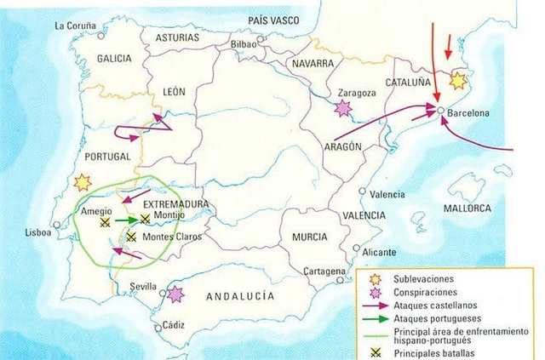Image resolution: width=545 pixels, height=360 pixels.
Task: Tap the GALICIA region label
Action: coord(114,58)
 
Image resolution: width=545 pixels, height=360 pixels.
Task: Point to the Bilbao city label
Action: coord(242,43)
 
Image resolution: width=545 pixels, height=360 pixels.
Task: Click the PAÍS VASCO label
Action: coord(276,19)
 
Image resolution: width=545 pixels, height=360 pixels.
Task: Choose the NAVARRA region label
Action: coord(311,64)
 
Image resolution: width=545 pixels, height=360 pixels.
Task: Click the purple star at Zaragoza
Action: coord(343,108)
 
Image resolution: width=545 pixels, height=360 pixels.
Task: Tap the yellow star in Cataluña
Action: coord(458,81)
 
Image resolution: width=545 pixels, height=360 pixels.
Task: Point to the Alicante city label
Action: coord(379,252)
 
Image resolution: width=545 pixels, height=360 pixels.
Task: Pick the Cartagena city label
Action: coord(324,271)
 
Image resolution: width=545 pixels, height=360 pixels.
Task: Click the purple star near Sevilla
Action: coord(175,294)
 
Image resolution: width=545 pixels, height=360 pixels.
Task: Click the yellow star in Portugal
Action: coord(82,181)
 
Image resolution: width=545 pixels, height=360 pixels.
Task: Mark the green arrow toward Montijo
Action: coord(126,220)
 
